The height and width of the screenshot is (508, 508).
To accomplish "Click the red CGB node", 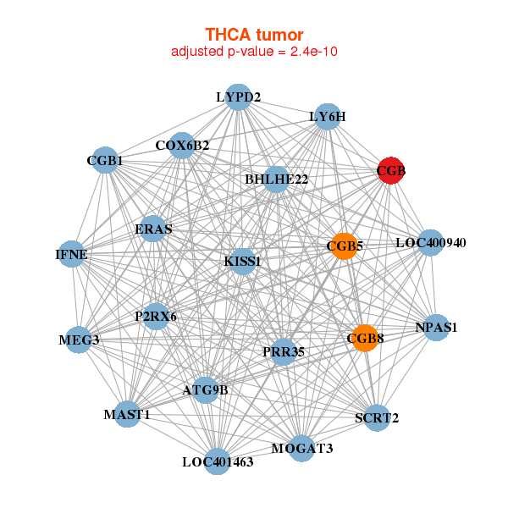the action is pos(390,171).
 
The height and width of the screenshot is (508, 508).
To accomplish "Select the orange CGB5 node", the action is pos(344,246).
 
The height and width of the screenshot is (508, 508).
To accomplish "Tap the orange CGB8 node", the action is pos(365,339).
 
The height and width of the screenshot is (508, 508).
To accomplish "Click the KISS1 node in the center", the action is pos(241,262).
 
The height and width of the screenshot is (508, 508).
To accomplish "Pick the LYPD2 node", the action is pos(238,97).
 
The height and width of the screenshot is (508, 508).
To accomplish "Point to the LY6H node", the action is pos(328,117).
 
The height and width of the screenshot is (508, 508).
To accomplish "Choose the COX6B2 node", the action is pos(182,146).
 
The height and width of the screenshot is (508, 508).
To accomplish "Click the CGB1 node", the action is pos(105,160).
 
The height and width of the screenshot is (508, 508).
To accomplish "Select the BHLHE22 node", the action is pos(276,179).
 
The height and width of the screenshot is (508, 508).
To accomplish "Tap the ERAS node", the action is pos(153,229).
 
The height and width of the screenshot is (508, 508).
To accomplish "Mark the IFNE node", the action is pos(71,254).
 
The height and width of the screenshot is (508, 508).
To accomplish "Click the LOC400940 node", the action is pos(431,243).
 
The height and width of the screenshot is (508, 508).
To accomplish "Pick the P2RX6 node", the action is pos(156,317).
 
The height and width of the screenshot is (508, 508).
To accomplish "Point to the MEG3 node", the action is pos(79,340).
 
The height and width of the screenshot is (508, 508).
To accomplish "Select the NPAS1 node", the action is pos(435,328).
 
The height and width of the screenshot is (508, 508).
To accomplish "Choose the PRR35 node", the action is pos(284,351).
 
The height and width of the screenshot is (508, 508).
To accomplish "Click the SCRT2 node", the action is pos(378,417).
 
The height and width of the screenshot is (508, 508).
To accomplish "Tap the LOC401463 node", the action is pos(218,461).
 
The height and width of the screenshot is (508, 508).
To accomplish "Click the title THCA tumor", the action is pos(254,35).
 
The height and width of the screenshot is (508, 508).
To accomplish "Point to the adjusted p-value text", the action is pos(254,52).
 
